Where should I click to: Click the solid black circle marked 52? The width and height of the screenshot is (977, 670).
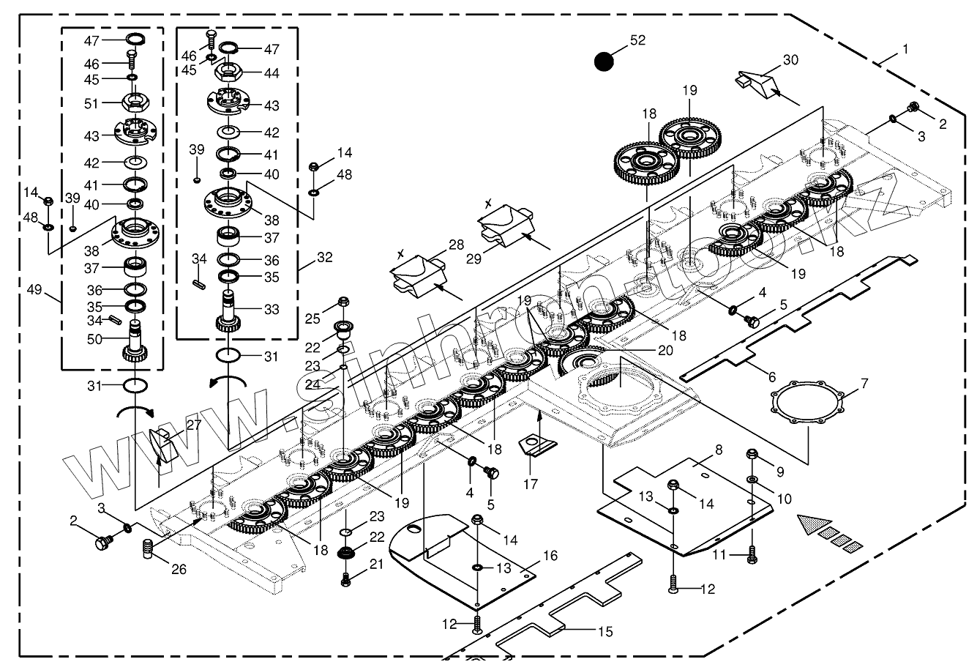pyautogui.click(x=604, y=62)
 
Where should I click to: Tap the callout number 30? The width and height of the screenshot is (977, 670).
pyautogui.click(x=790, y=60)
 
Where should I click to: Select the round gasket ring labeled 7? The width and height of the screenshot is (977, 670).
pyautogui.click(x=807, y=402)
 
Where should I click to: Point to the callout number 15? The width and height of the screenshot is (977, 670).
pyautogui.click(x=605, y=632)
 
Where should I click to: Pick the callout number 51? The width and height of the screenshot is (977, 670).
pyautogui.click(x=91, y=104)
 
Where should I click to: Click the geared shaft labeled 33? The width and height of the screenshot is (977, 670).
pyautogui.click(x=228, y=312)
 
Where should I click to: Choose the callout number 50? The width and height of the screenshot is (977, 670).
pyautogui.click(x=94, y=339)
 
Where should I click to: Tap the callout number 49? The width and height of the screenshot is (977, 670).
pyautogui.click(x=34, y=289)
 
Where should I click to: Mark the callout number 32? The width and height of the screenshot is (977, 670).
pyautogui.click(x=324, y=258)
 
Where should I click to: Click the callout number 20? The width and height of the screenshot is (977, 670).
pyautogui.click(x=665, y=350)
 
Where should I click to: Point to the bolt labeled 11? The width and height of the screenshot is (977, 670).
pyautogui.click(x=752, y=554)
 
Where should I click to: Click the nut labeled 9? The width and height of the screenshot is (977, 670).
pyautogui.click(x=752, y=454)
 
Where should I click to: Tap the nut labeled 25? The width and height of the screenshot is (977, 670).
pyautogui.click(x=343, y=301)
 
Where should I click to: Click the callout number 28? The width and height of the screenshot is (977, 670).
pyautogui.click(x=456, y=245)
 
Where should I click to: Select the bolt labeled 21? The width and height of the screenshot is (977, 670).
pyautogui.click(x=346, y=579)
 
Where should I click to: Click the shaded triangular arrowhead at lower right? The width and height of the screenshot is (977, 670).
pyautogui.click(x=814, y=525)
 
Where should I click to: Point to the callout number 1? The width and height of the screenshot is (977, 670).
pyautogui.click(x=905, y=49)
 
